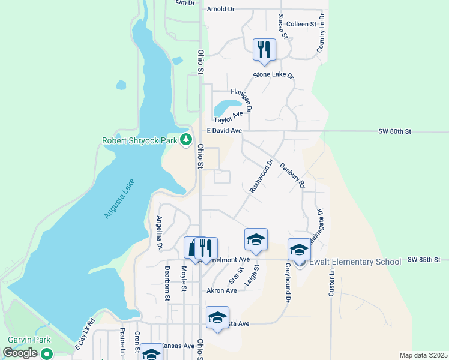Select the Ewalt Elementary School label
[355, 262]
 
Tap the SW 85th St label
[424, 260]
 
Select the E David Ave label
[224, 130]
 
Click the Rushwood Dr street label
[261, 175]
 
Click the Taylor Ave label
[229, 117]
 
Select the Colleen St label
[301, 24]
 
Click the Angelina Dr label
[160, 232]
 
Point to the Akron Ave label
[222, 290]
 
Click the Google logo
[20, 353]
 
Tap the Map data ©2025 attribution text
[423, 355]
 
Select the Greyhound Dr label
[288, 282]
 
